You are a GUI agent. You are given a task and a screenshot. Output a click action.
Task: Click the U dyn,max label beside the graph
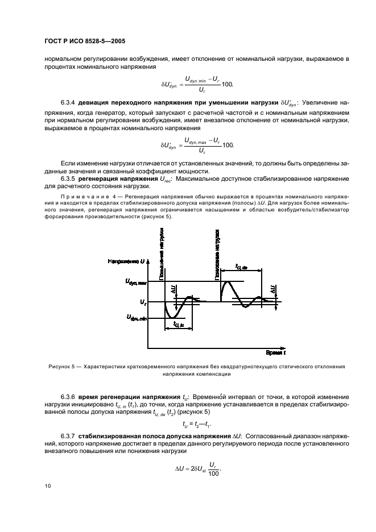(136, 281)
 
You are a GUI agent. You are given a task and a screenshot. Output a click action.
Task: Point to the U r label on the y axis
(143, 301)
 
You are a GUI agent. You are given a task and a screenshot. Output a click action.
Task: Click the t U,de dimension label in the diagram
(242, 267)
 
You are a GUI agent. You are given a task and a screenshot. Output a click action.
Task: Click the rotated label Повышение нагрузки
(162, 250)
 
